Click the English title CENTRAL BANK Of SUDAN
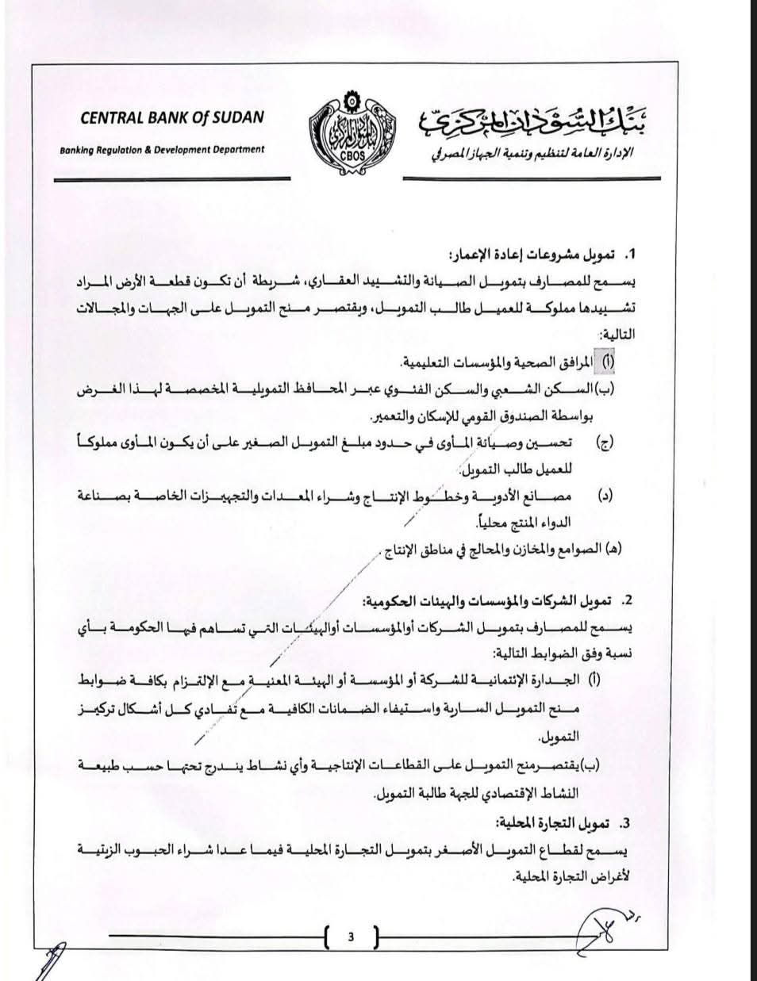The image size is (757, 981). [x=173, y=118]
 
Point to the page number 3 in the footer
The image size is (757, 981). [x=350, y=937]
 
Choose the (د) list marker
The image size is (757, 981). [x=605, y=496]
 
